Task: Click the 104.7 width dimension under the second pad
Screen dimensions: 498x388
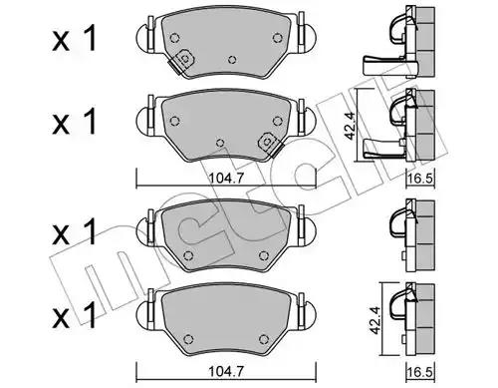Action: click(226, 179)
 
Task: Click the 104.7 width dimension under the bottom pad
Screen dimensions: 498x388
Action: click(226, 371)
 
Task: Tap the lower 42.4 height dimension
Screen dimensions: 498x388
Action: click(375, 320)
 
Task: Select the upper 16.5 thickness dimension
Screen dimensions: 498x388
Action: click(420, 179)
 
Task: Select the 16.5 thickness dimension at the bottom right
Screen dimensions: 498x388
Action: click(420, 372)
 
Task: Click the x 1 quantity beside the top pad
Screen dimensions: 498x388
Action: click(75, 39)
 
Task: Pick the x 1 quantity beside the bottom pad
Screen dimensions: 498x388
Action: click(75, 315)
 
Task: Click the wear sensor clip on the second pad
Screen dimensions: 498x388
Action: click(270, 144)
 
